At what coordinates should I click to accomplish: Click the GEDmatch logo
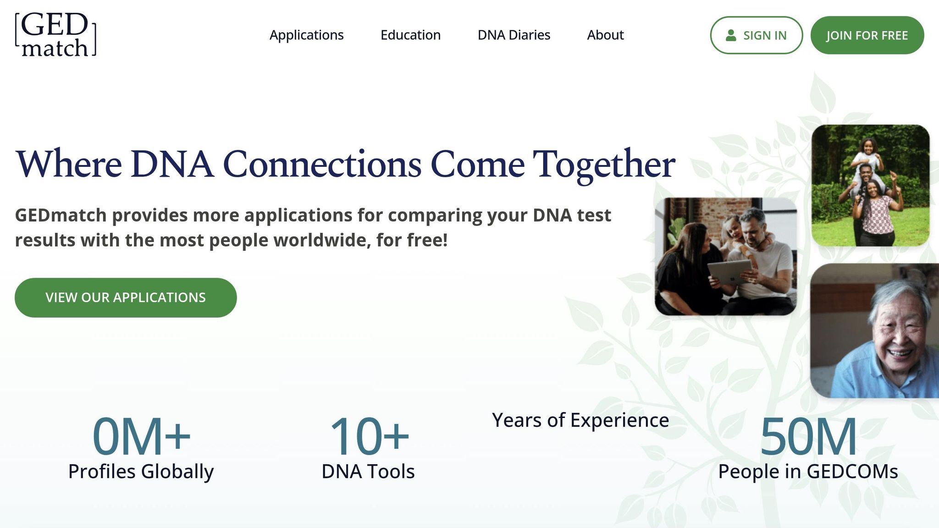point(55,35)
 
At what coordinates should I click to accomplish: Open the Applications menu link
point(306,35)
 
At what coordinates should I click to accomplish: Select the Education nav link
point(410,35)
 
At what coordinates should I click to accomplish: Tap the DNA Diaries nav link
point(514,35)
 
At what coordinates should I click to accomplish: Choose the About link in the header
point(605,35)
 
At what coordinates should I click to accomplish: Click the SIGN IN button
point(756,35)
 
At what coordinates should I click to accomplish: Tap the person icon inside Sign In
point(731,35)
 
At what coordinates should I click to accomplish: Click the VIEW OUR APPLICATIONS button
point(126,297)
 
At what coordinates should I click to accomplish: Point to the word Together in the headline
point(603,164)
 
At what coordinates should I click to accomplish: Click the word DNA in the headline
point(172,164)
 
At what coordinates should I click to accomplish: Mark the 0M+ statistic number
point(141,436)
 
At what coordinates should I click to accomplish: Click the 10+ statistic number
point(369,436)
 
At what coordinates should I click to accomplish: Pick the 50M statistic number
point(808,436)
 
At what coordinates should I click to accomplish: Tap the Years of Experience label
point(580,420)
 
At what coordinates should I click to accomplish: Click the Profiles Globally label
point(141,472)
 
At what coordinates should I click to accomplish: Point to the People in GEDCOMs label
point(808,472)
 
